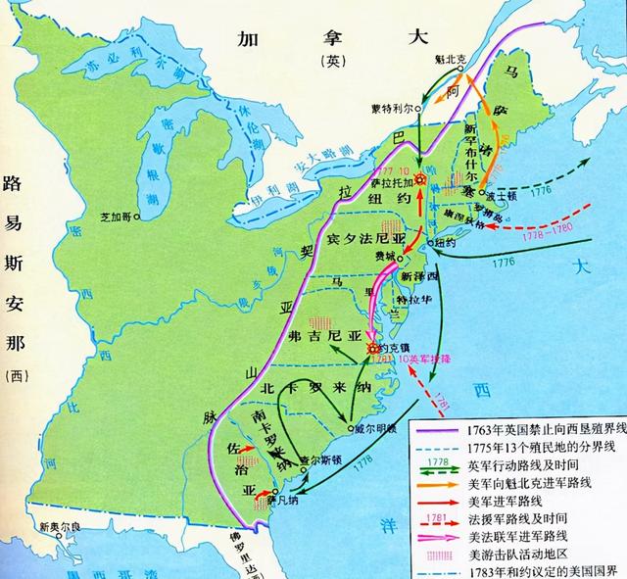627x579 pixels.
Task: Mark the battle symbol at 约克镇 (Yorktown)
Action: (x=373, y=348)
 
